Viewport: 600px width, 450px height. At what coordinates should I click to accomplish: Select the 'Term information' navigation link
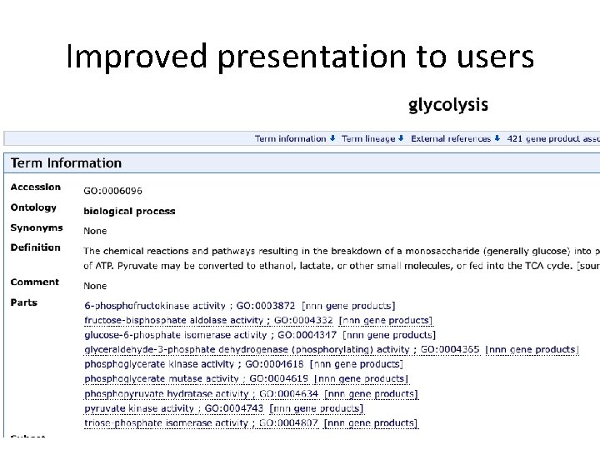[x=290, y=138]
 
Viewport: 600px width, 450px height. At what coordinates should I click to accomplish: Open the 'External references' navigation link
[x=451, y=138]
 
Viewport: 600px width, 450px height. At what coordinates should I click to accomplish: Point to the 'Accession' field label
[x=36, y=187]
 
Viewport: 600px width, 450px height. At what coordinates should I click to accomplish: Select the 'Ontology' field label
[x=33, y=207]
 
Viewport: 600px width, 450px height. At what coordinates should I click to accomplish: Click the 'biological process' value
[x=129, y=211]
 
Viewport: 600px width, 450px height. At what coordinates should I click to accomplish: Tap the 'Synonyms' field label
[x=37, y=227]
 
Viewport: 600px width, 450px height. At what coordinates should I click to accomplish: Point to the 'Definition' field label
[x=36, y=247]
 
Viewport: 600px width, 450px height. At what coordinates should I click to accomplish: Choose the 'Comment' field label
[x=34, y=282]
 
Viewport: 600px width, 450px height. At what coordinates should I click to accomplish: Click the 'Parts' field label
[x=23, y=302]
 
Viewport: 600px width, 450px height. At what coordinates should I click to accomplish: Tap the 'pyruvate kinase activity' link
[x=140, y=408]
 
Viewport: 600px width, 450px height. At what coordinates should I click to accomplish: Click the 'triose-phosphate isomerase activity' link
[x=166, y=423]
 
